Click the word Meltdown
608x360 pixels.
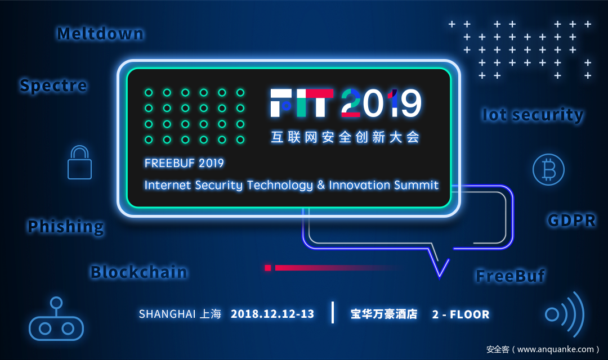coord(100,34)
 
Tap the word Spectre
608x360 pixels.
coord(53,85)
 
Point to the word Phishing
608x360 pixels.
coord(65,227)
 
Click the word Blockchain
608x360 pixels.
coord(139,272)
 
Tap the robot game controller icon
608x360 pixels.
coord(56,328)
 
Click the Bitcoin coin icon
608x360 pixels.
coord(548,169)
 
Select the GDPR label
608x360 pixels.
coord(571,220)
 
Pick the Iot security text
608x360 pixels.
coord(533,115)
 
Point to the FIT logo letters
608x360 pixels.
coord(302,103)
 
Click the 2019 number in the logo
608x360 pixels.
coord(381,103)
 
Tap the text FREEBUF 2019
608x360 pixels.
coord(184,163)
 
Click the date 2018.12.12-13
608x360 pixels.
coord(272,314)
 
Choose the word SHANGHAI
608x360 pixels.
coord(167,314)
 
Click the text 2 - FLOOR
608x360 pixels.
coord(461,314)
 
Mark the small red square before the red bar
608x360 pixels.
coord(267,268)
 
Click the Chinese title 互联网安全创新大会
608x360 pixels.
coord(345,137)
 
